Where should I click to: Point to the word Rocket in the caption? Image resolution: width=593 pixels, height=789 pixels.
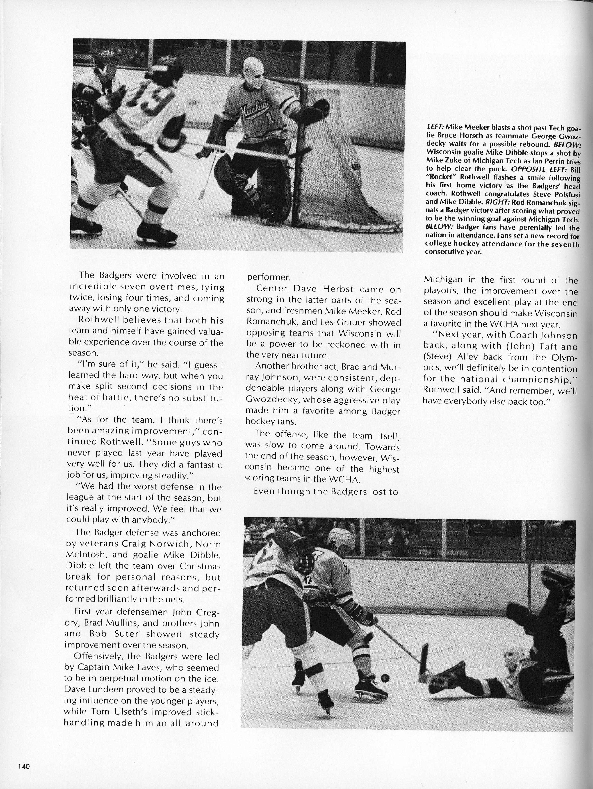pyautogui.click(x=442, y=178)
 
